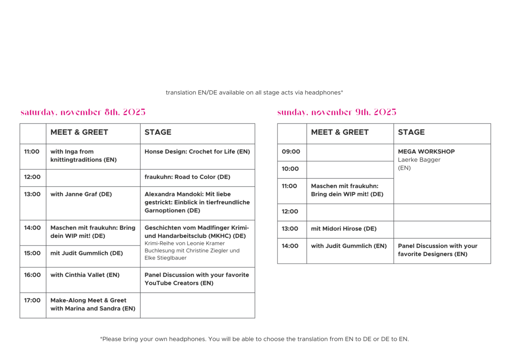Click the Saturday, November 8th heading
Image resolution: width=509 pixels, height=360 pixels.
(83, 112)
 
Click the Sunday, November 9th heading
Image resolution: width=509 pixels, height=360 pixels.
(337, 112)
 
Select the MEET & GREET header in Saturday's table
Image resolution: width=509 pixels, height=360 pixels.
(79, 132)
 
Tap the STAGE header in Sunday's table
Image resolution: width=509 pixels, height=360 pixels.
(411, 132)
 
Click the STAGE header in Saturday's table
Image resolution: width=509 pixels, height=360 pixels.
(158, 132)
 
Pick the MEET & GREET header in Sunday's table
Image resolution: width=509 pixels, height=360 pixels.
(339, 132)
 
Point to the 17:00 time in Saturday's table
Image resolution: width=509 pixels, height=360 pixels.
(32, 300)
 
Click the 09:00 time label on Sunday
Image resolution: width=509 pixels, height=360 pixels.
(291, 151)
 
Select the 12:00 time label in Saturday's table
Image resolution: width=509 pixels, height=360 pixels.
(32, 177)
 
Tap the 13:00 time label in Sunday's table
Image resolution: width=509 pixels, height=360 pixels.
(291, 229)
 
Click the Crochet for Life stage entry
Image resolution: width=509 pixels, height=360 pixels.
(197, 151)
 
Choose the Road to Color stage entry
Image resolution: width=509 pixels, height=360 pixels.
(187, 177)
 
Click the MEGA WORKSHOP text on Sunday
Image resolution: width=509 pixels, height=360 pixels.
(426, 151)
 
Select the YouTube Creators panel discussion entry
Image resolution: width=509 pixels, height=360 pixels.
(197, 279)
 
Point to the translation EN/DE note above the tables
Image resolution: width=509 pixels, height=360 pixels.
(254, 92)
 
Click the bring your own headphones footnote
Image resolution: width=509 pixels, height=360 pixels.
(254, 339)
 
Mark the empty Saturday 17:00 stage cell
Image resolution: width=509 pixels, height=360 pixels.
(197, 305)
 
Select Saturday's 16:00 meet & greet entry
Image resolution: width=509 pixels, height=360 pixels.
(84, 275)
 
